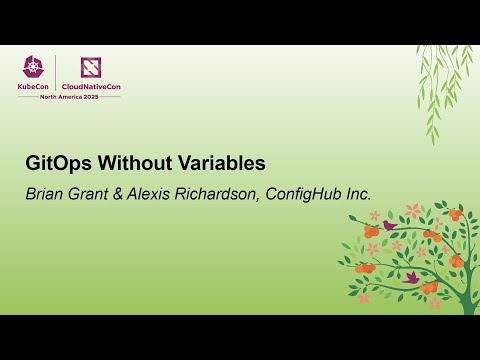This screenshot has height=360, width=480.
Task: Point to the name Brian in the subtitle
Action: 44,194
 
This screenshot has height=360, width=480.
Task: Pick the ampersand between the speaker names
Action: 122,194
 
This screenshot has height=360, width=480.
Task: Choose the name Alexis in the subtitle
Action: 153,194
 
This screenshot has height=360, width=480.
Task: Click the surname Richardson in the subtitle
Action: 219,194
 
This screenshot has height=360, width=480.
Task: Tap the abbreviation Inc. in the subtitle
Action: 356,194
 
